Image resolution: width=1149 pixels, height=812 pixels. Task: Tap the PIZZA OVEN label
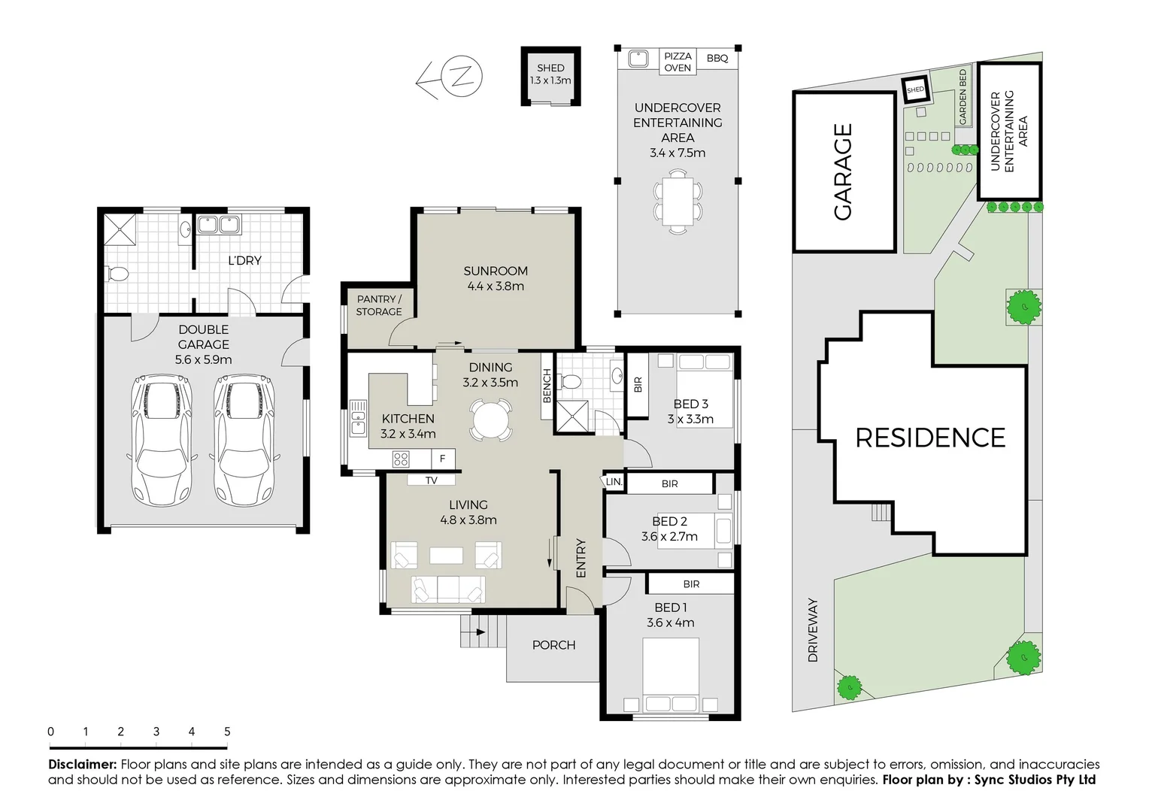tap(678, 62)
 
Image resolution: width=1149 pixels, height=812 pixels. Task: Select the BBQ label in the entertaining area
tap(717, 58)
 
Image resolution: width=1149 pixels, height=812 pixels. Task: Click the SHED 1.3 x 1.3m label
tap(550, 74)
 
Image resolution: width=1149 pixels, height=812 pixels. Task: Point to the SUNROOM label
tap(496, 277)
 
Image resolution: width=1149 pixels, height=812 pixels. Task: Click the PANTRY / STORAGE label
tap(379, 305)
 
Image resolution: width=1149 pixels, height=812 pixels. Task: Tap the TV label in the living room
tap(431, 480)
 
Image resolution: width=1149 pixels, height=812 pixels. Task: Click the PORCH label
tap(553, 645)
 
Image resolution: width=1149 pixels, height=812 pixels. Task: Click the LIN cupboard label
tap(614, 482)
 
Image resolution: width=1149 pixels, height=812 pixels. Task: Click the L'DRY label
tap(244, 260)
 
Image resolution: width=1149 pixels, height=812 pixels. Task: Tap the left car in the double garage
tap(161, 440)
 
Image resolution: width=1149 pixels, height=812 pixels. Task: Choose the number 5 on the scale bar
tap(227, 732)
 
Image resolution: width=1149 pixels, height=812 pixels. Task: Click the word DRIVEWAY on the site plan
tap(813, 630)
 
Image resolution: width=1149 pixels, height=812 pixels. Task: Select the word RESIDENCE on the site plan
tap(930, 438)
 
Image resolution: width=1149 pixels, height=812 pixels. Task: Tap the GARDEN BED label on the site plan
tap(963, 97)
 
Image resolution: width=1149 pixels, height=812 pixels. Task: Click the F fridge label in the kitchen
tap(443, 458)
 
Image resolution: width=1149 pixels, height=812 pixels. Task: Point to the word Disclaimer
tap(82, 765)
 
